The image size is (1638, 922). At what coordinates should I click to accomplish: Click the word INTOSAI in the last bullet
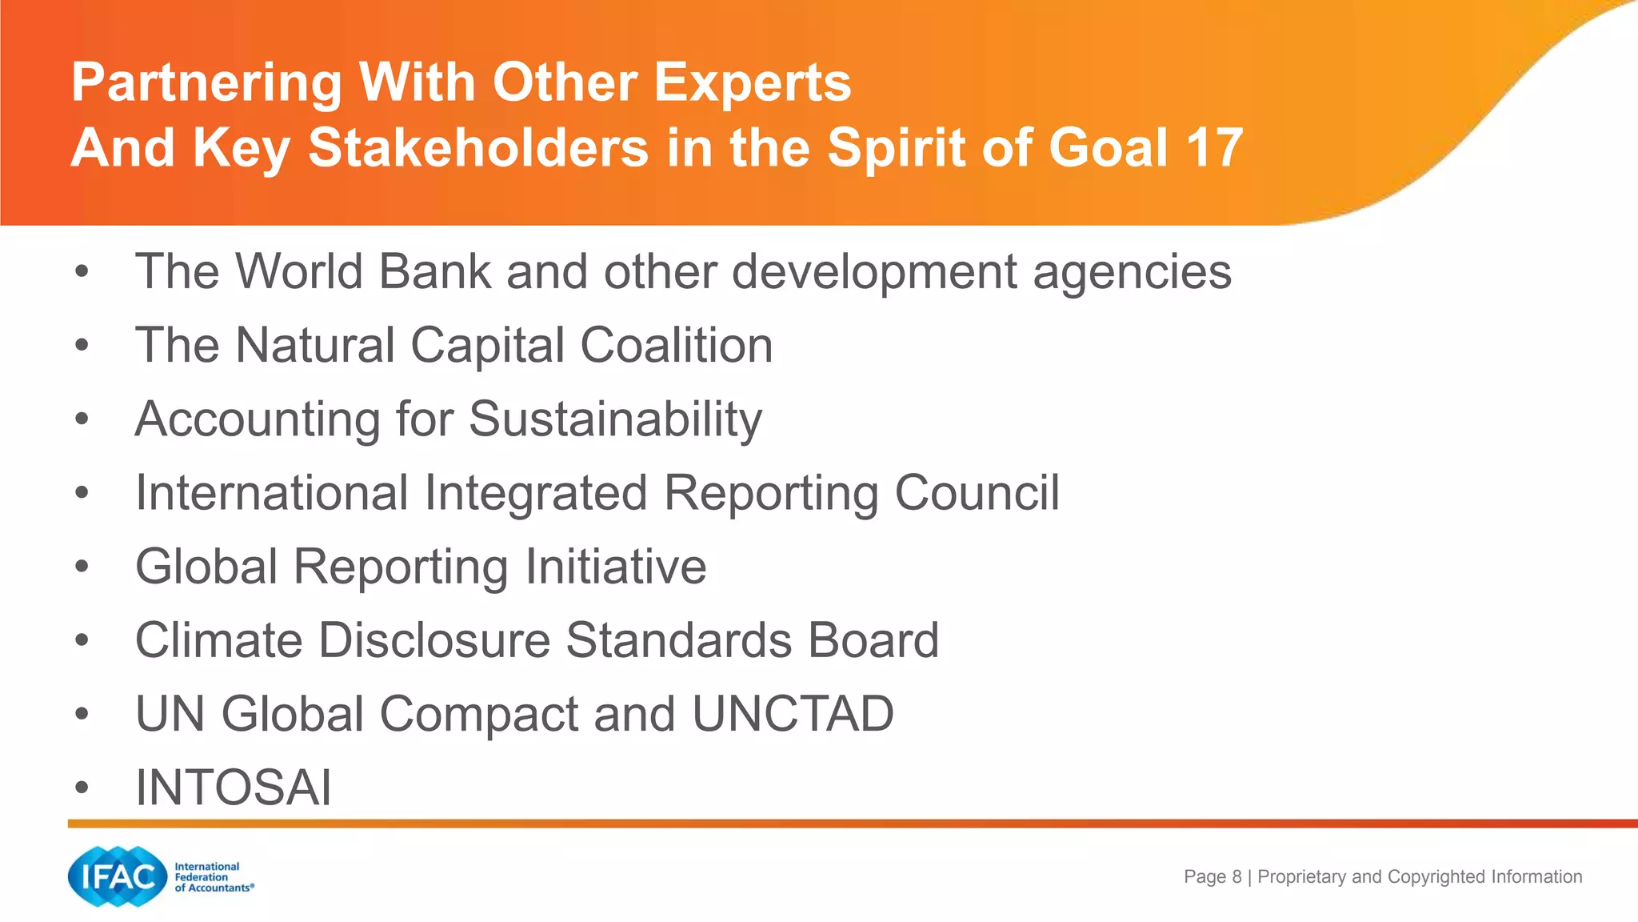(x=233, y=788)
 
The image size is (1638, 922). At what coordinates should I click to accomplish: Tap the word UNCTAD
(x=793, y=714)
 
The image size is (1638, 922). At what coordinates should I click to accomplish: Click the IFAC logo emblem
(x=118, y=877)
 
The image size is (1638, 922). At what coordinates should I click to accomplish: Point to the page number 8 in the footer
(x=1236, y=877)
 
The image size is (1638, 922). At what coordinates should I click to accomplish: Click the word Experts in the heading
(x=753, y=82)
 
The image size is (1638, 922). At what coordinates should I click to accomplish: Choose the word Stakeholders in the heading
(x=478, y=148)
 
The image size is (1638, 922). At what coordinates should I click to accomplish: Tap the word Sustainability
(x=615, y=419)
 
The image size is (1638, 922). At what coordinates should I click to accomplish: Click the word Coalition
(x=676, y=346)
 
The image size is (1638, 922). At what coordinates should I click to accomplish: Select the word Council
(x=977, y=493)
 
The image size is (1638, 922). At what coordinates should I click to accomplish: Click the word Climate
(x=218, y=640)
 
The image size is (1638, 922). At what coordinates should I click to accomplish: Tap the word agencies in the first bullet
(x=1132, y=273)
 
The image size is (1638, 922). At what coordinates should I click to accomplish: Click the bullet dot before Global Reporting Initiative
(x=82, y=567)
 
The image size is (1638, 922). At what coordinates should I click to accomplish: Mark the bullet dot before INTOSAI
(x=82, y=788)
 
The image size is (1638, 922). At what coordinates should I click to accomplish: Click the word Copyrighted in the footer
(x=1436, y=877)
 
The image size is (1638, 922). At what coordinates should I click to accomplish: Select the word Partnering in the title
(x=206, y=84)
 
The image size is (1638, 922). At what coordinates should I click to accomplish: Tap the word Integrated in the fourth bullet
(x=535, y=493)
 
